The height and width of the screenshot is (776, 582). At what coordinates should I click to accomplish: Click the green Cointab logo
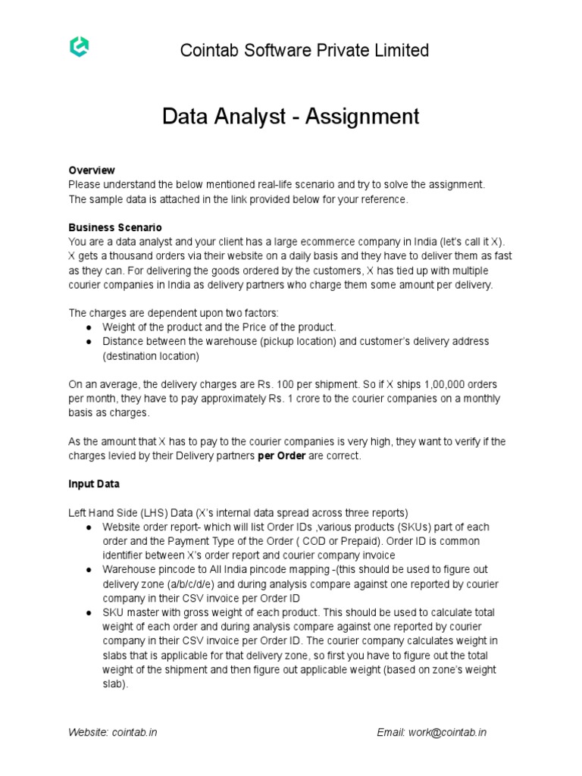pyautogui.click(x=78, y=48)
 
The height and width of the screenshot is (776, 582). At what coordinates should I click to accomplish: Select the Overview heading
pyautogui.click(x=91, y=170)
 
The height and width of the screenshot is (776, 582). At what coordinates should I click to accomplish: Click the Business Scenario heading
pyautogui.click(x=114, y=227)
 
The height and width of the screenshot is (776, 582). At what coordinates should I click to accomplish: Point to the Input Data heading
pyautogui.click(x=93, y=483)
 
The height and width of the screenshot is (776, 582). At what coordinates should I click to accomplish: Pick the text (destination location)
pyautogui.click(x=151, y=355)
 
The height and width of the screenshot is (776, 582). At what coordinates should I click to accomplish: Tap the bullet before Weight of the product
pyautogui.click(x=89, y=327)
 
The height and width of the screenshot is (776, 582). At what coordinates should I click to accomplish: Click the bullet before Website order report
pyautogui.click(x=89, y=527)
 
